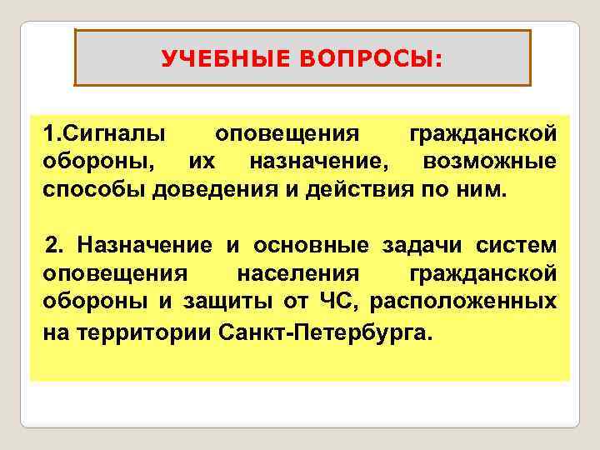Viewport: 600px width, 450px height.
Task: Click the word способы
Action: coord(96,187)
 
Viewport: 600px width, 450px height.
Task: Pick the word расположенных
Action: coord(469,300)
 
